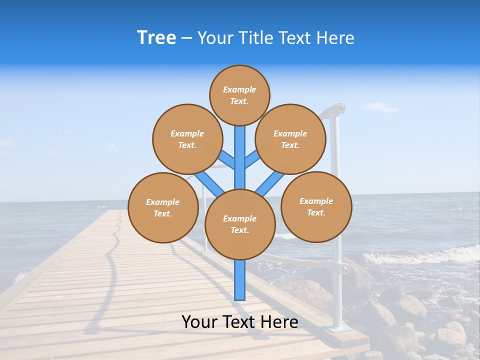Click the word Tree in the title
click(x=156, y=37)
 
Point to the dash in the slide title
click(x=186, y=38)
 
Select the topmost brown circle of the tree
click(x=239, y=95)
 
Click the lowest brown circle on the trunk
click(x=240, y=224)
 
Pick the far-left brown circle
click(x=163, y=207)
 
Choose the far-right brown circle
click(x=316, y=206)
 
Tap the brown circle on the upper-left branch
click(x=187, y=139)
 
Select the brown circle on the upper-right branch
click(x=290, y=139)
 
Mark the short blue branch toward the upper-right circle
click(x=253, y=159)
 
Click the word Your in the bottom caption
click(x=200, y=322)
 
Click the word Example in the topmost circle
click(x=239, y=89)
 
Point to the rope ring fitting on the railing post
click(x=344, y=268)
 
